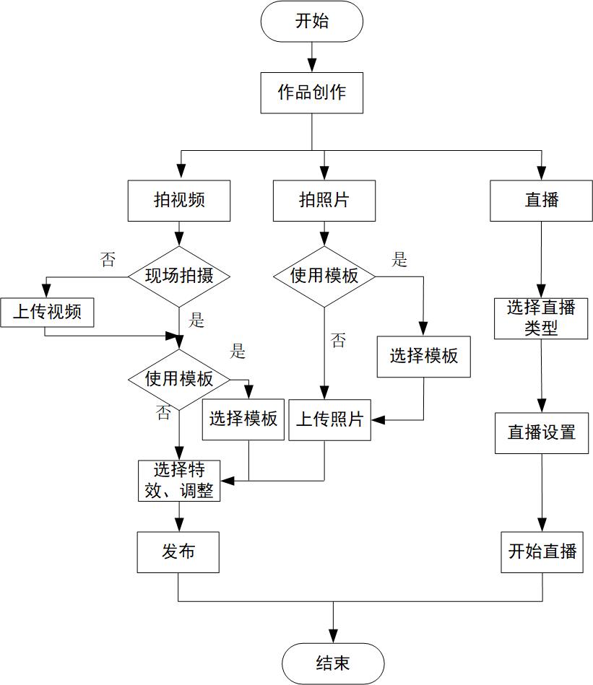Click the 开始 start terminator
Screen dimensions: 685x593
[x=312, y=21]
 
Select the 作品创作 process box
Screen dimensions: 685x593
[x=312, y=92]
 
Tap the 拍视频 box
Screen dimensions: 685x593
[x=179, y=200]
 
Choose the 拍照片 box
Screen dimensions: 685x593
[x=324, y=200]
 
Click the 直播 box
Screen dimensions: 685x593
[x=541, y=200]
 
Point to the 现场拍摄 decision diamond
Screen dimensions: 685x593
[x=179, y=276]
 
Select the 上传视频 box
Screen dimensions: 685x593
[x=47, y=313]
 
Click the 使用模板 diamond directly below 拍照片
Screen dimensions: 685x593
[x=324, y=276]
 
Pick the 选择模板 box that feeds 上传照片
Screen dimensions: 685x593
[x=424, y=356]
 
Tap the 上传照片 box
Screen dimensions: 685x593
[x=329, y=419]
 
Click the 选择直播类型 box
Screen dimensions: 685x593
[x=541, y=318]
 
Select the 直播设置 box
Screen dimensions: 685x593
[x=541, y=432]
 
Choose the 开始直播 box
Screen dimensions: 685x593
[x=542, y=552]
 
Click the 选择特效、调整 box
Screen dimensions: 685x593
[x=179, y=480]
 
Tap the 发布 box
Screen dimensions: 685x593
[x=178, y=552]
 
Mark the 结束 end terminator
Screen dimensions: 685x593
[x=333, y=663]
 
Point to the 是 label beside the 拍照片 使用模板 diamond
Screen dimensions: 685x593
[x=399, y=260]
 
